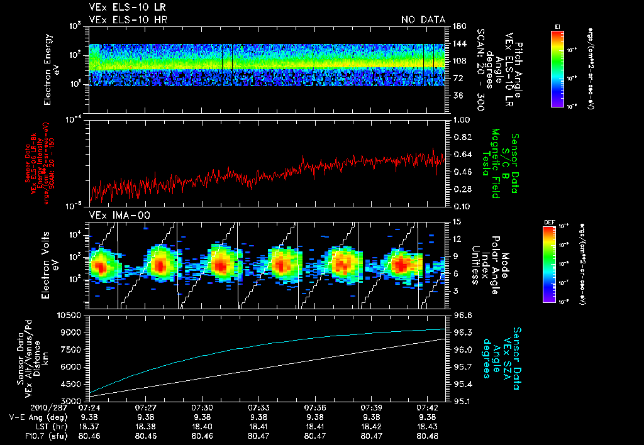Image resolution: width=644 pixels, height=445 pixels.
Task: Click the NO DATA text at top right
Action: [423, 19]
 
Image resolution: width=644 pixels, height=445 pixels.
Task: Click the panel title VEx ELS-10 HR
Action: [128, 19]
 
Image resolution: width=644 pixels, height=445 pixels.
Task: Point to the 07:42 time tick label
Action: [428, 407]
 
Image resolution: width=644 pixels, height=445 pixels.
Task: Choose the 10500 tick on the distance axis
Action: [72, 315]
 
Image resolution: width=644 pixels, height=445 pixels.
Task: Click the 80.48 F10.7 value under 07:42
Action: [428, 436]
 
